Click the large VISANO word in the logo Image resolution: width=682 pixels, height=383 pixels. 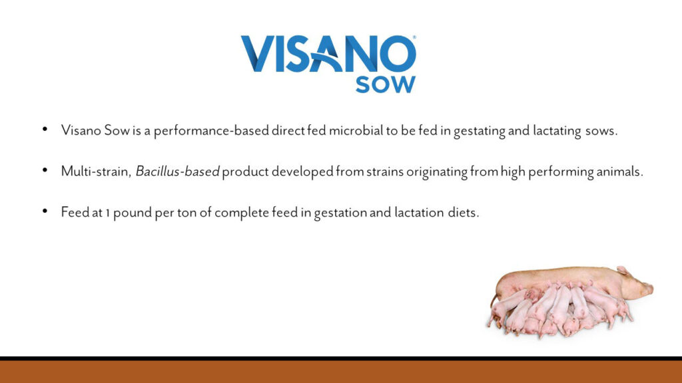tap(328, 54)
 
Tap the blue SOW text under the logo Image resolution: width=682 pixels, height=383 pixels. tap(386, 84)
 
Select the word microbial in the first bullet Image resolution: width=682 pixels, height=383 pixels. tap(356, 130)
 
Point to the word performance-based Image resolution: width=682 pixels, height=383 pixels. tap(211, 131)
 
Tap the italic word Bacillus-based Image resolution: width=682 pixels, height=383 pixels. tap(177, 172)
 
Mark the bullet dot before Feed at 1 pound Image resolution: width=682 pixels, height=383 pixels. tap(45, 211)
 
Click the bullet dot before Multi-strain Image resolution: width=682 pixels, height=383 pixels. tap(45, 170)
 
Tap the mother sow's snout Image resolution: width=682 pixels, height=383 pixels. tap(649, 289)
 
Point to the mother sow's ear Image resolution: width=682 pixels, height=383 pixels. tap(623, 271)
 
